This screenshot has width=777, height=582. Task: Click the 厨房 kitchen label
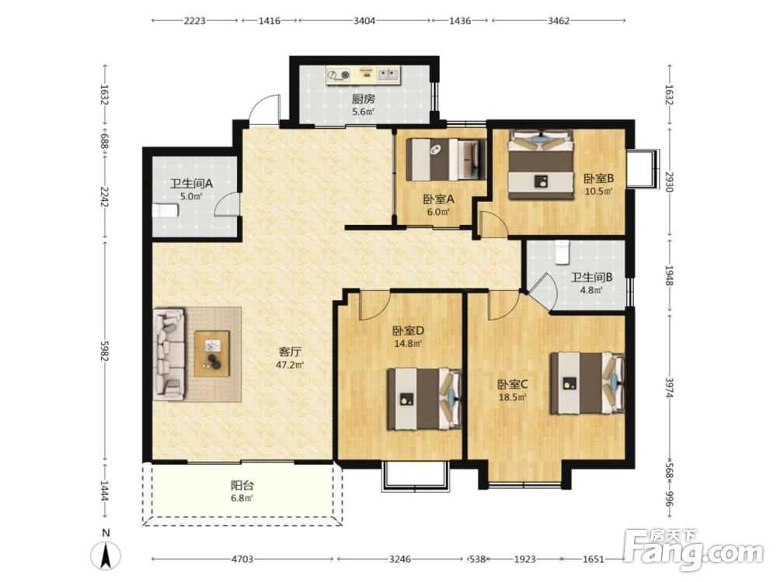coord(363,99)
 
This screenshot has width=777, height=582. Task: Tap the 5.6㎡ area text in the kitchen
coord(363,112)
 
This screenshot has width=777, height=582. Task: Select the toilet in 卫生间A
coord(165,211)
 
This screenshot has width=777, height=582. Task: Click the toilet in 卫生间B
coord(562,252)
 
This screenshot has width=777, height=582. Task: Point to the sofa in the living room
coord(169,355)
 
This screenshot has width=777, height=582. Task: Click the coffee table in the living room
coord(212,353)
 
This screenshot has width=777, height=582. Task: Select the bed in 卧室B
coord(541,165)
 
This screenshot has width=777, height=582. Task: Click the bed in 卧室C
coord(587,383)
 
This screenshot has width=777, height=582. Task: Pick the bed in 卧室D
coord(424,398)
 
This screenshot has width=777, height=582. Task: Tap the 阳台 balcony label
coord(242,486)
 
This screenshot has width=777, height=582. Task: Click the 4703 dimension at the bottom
coord(242,559)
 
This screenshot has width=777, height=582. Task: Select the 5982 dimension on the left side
coord(104,351)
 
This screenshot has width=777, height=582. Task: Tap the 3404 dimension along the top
coord(364,21)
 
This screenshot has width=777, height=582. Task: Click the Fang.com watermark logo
coord(693,549)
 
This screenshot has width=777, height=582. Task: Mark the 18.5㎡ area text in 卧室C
coord(512,397)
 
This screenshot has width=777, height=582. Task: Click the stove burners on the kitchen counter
coord(339,75)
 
